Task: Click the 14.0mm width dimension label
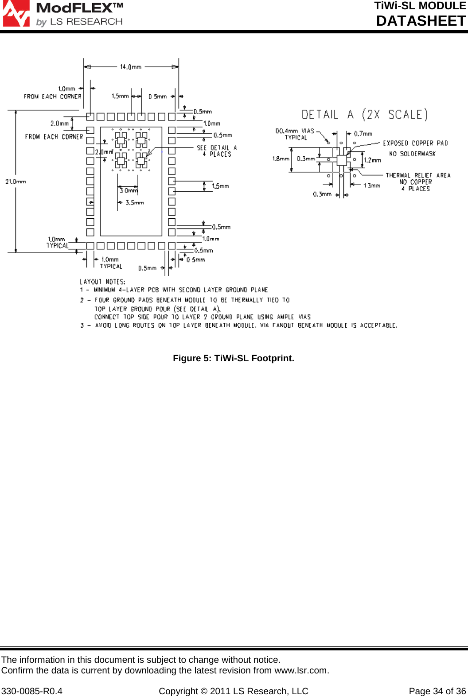coord(131,67)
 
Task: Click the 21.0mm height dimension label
coord(16,182)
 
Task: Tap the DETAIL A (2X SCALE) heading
coord(365,115)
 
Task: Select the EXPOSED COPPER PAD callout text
coord(415,143)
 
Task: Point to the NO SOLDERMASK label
coord(412,154)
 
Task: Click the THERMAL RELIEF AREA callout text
coord(418,175)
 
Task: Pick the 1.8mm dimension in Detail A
coord(281,159)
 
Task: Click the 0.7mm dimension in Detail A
coord(363,133)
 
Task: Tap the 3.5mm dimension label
coord(135,203)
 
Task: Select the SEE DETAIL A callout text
coord(217,148)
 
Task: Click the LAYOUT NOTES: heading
coord(102,282)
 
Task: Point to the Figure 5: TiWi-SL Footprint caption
coord(234,358)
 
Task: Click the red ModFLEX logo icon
coord(16,14)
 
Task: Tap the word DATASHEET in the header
coord(421,21)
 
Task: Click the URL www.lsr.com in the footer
coord(301,670)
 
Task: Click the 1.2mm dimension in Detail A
coord(372,160)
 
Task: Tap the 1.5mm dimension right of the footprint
coord(221,186)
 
